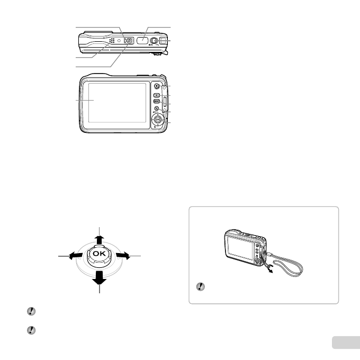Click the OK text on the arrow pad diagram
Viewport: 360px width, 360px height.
[98, 254]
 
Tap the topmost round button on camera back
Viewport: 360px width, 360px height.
[157, 85]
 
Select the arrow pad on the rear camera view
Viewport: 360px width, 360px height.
[157, 120]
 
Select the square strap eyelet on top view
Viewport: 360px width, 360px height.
[162, 40]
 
